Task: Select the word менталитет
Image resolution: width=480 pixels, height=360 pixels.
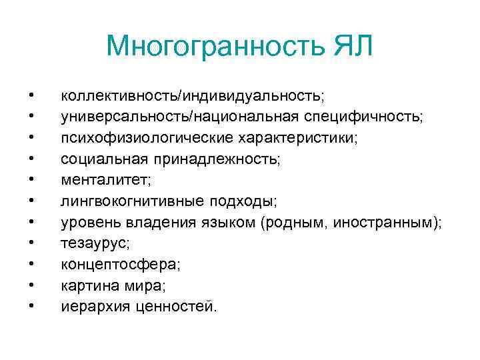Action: (101, 180)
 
